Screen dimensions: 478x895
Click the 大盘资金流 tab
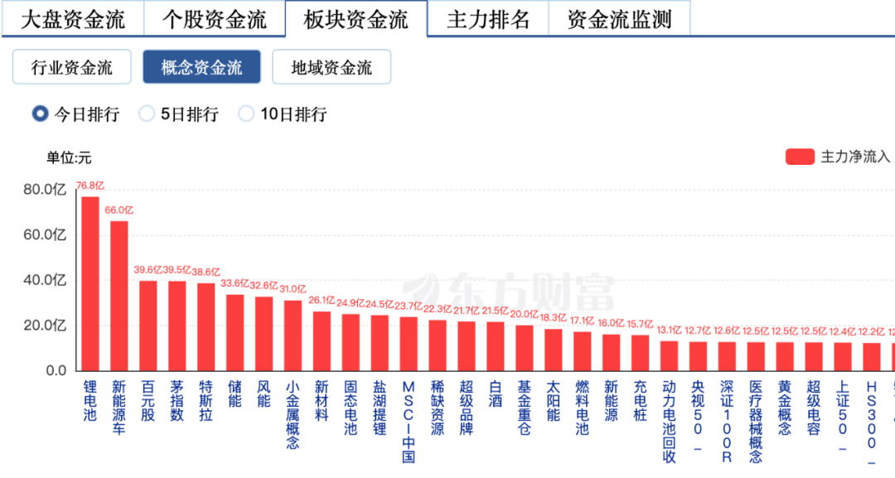72,20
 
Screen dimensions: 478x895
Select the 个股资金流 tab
214,20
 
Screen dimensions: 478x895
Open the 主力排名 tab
488,20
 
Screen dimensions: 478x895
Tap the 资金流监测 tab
619,20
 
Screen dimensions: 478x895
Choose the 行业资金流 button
72,68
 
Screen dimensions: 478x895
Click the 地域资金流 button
331,68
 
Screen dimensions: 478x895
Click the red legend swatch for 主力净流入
800,157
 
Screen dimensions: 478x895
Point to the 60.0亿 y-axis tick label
46,235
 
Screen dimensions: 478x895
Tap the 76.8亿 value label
90,186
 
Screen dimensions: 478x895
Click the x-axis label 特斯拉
206,401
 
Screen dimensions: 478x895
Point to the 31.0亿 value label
293,289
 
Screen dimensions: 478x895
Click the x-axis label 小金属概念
293,414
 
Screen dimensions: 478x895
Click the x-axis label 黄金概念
785,408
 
